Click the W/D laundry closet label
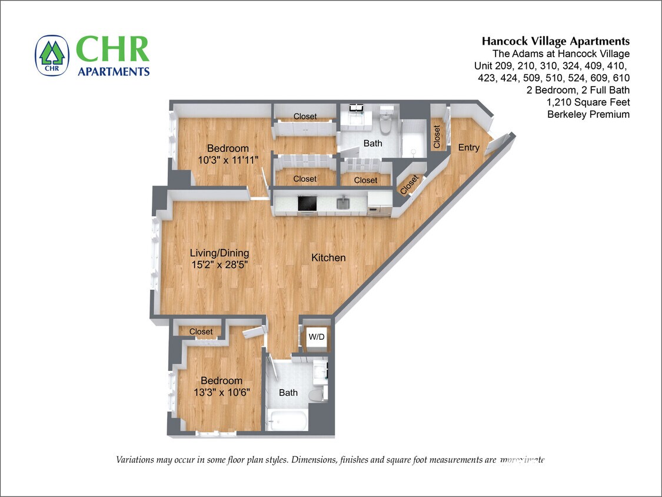[x=316, y=337]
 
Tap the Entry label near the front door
[x=468, y=147]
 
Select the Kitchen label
[x=328, y=257]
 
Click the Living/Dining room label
[x=219, y=253]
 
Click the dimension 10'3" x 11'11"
[x=228, y=160]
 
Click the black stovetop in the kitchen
[x=307, y=204]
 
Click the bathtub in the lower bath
[x=286, y=420]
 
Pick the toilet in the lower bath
[x=318, y=393]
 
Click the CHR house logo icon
[x=52, y=56]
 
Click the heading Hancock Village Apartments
[x=555, y=41]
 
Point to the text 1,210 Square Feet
[x=588, y=102]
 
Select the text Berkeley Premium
[x=588, y=114]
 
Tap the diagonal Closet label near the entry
[x=410, y=184]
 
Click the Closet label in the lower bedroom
[x=201, y=332]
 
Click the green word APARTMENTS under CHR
[x=114, y=71]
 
